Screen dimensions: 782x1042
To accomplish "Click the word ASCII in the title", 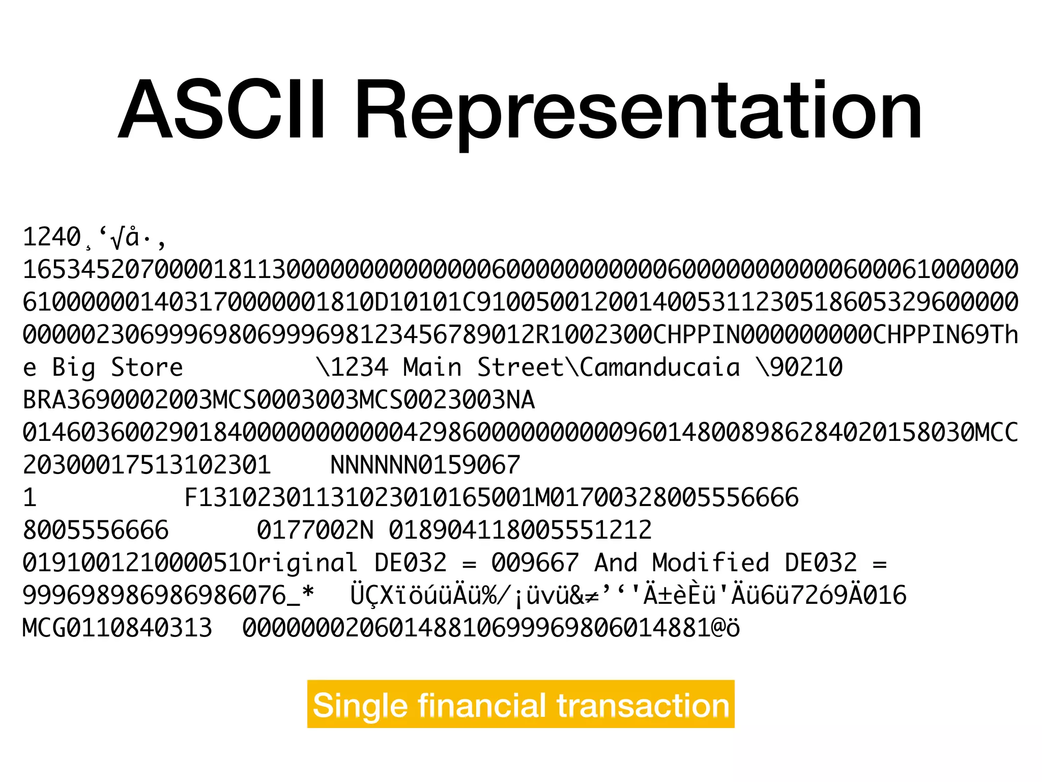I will (x=221, y=109).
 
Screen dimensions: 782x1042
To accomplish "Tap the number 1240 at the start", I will (x=52, y=237).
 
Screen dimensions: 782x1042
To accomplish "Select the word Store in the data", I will (x=147, y=368).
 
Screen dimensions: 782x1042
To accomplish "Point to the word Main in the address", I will (x=432, y=368).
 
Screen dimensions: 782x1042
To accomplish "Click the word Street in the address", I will (x=520, y=368).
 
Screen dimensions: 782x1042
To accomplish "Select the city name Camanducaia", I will (x=660, y=368).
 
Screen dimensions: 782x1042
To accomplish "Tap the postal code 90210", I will (x=807, y=368).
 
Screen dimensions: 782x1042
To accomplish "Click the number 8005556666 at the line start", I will (x=96, y=530).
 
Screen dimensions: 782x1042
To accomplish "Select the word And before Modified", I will (x=616, y=563).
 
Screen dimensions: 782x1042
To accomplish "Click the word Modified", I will (x=711, y=563).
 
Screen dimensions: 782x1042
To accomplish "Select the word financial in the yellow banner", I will (x=482, y=705).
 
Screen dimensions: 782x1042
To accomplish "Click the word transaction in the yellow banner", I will (x=643, y=706).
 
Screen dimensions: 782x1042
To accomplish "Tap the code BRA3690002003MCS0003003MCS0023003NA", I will (x=279, y=400).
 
